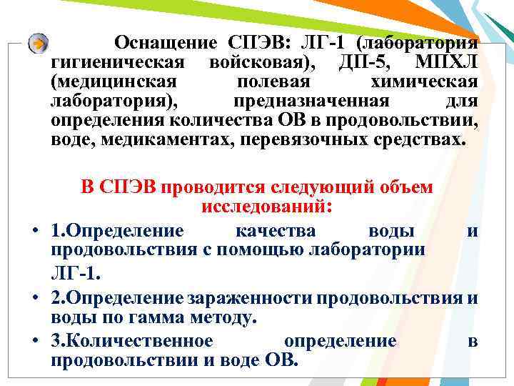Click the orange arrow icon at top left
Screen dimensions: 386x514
(x=39, y=42)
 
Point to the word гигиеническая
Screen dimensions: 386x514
(x=119, y=61)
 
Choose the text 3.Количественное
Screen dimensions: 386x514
(x=131, y=341)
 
